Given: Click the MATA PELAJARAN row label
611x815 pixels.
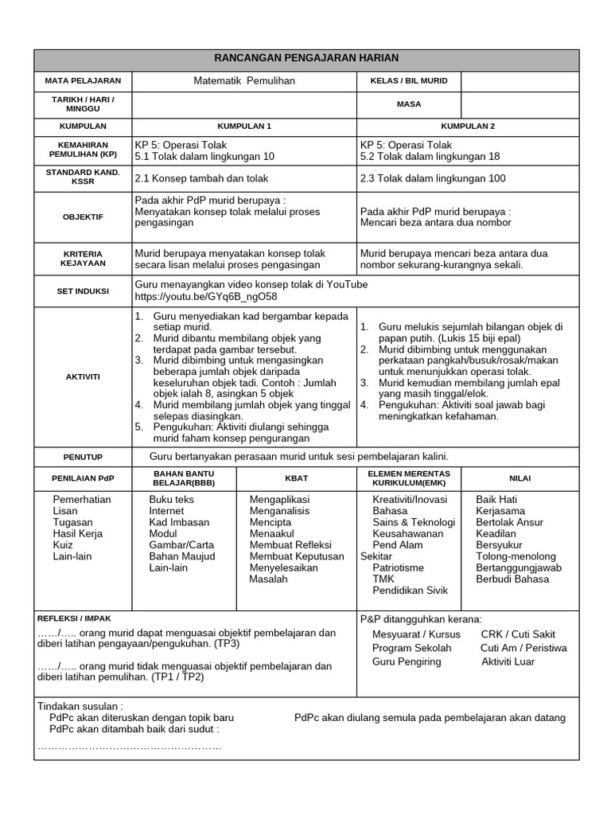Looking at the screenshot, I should tap(83, 81).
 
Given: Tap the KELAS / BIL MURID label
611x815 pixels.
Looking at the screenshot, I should tap(409, 81).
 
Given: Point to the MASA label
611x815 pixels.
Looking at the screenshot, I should tap(409, 104).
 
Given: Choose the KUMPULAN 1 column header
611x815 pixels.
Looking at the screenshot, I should tap(245, 127).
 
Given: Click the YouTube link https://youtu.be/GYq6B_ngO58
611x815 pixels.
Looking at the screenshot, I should tap(206, 296).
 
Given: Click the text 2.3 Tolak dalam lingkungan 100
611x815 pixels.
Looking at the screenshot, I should tap(433, 178).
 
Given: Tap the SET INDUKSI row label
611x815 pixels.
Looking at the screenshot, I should tap(83, 291).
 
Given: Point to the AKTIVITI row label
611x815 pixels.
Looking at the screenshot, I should tap(83, 376).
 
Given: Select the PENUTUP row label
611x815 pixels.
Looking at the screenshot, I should tap(83, 457).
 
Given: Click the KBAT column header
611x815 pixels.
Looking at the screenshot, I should tap(297, 478).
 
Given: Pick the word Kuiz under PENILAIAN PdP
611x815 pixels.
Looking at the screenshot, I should tap(64, 545).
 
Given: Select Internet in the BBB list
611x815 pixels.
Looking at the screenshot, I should tap(166, 511).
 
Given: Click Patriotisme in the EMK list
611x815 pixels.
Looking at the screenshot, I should tap(399, 568).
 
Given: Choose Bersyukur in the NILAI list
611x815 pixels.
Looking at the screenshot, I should tap(500, 545).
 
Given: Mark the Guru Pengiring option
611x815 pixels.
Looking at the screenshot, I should tap(406, 661).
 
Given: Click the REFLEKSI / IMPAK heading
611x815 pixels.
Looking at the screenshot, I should tap(75, 618).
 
